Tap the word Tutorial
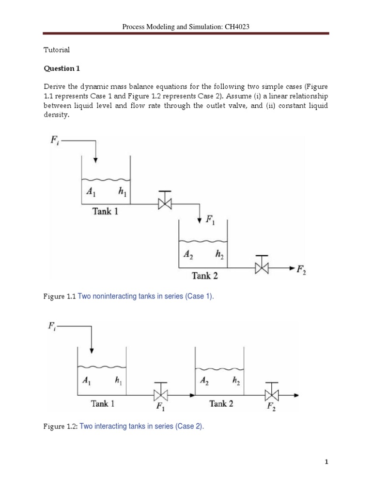[x=57, y=50]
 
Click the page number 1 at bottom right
[x=327, y=462]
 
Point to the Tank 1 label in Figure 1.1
[x=105, y=211]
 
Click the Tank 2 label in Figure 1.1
[x=204, y=276]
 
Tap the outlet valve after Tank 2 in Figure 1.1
[x=262, y=267]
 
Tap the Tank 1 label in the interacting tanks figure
[x=103, y=403]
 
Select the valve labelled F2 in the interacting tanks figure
[x=272, y=394]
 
